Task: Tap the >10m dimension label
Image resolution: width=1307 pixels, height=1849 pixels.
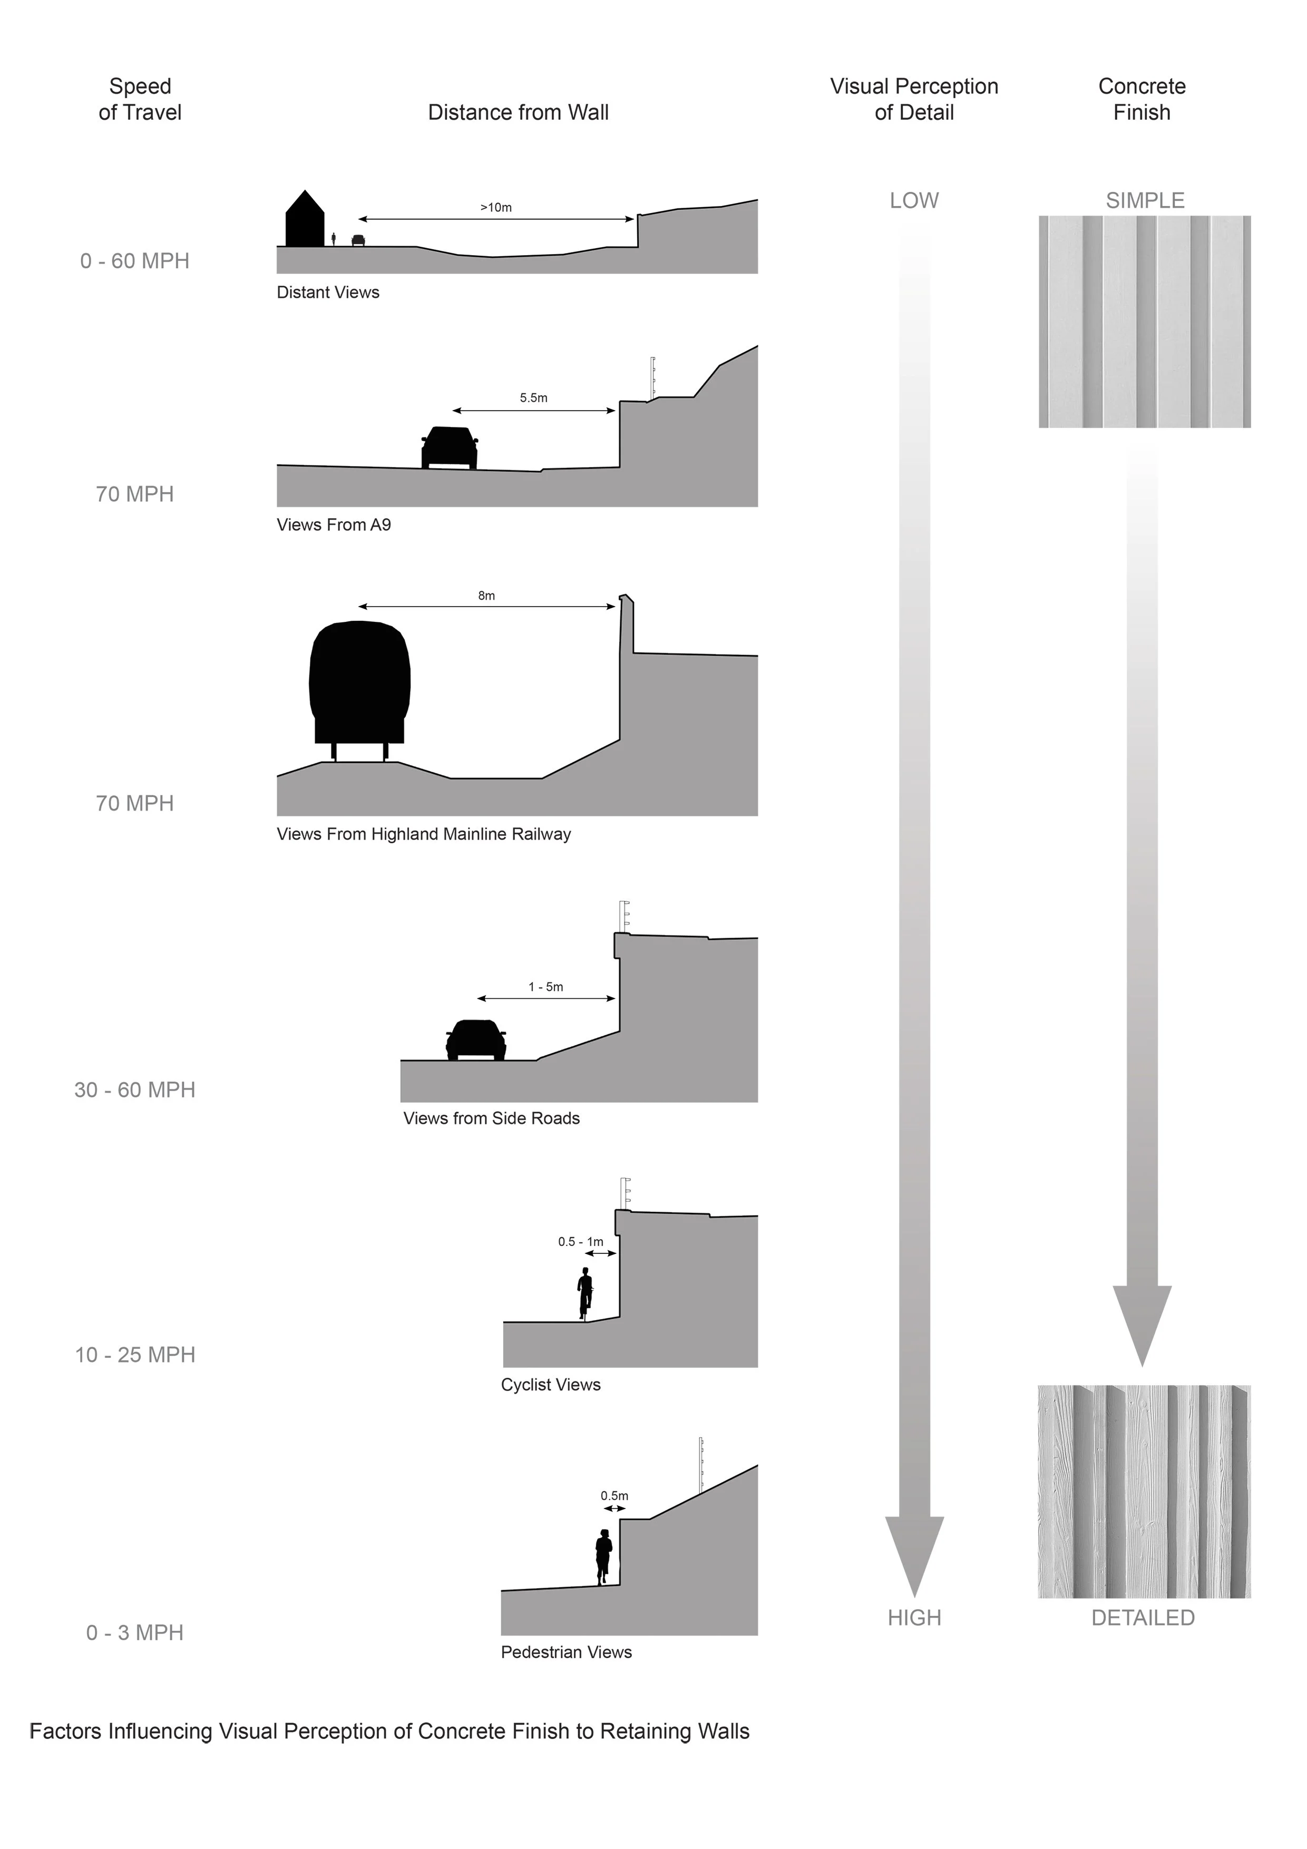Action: pyautogui.click(x=496, y=208)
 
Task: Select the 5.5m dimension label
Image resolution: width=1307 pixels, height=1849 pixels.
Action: pyautogui.click(x=533, y=398)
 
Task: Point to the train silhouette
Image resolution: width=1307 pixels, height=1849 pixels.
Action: pyautogui.click(x=360, y=685)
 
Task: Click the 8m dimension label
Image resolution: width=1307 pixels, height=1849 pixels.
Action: pyautogui.click(x=486, y=596)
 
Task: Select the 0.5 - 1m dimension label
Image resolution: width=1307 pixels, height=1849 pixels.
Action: pyautogui.click(x=581, y=1242)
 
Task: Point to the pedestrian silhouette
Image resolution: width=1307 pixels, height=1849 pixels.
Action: pyautogui.click(x=603, y=1556)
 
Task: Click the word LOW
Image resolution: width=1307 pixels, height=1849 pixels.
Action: pyautogui.click(x=914, y=200)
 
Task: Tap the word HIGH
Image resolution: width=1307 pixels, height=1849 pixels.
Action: pyautogui.click(x=914, y=1618)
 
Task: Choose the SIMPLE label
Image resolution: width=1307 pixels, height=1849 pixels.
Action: pyautogui.click(x=1144, y=200)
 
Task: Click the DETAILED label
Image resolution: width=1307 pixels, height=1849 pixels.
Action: pyautogui.click(x=1143, y=1618)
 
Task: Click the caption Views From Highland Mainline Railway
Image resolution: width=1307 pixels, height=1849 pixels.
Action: pyautogui.click(x=424, y=834)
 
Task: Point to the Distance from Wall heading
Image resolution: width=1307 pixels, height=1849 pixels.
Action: pyautogui.click(x=518, y=113)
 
